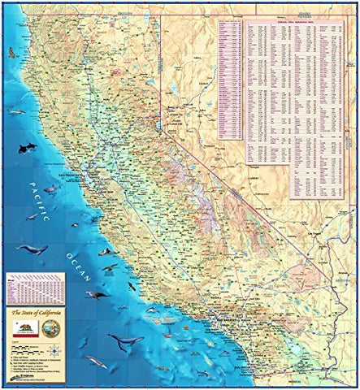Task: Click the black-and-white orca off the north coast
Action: coord(27,148)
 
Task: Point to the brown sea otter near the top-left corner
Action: coord(11,52)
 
